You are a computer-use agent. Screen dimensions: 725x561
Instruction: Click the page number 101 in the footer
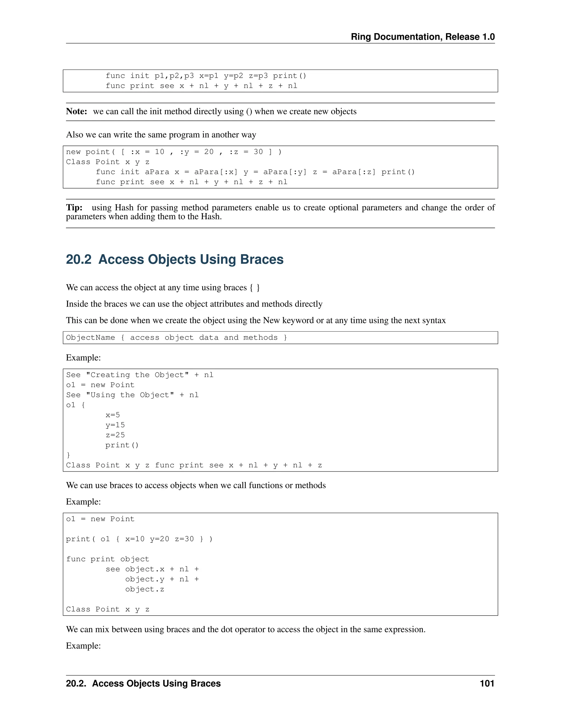(x=487, y=683)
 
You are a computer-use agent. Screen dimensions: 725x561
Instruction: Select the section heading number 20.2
(x=78, y=259)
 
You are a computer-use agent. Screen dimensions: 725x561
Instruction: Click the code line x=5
(x=113, y=415)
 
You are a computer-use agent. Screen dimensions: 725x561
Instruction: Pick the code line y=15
(x=115, y=425)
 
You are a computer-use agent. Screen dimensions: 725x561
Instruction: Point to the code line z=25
(x=115, y=435)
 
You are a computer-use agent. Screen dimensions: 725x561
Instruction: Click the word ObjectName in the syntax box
(x=90, y=338)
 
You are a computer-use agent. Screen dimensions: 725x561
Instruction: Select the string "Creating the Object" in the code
(x=137, y=375)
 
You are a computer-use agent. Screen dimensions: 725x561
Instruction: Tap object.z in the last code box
(x=145, y=589)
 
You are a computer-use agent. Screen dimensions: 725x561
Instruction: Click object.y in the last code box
(x=145, y=579)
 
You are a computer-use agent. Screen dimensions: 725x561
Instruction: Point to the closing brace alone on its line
(x=68, y=455)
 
